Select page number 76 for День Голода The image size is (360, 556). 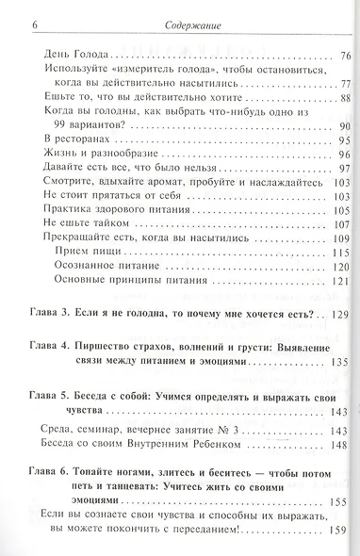click(342, 56)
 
